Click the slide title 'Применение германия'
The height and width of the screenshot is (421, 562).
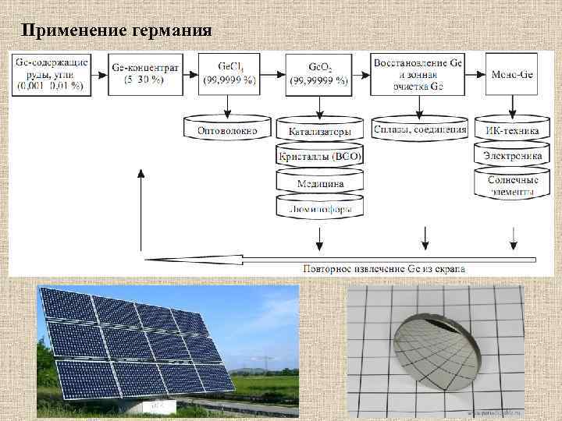pyautogui.click(x=116, y=31)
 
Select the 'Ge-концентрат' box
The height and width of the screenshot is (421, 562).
pyautogui.click(x=145, y=74)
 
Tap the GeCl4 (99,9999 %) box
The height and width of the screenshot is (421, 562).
pyautogui.click(x=229, y=74)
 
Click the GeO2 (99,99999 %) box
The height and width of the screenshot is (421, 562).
pyautogui.click(x=318, y=74)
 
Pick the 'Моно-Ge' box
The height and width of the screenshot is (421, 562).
pyautogui.click(x=511, y=74)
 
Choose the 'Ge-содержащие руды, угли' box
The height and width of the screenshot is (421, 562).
pyautogui.click(x=51, y=74)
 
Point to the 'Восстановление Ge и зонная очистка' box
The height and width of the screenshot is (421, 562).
pyautogui.click(x=420, y=74)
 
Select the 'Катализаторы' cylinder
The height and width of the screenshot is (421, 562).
pyautogui.click(x=320, y=130)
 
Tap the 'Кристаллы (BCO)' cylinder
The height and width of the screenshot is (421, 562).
pyautogui.click(x=320, y=157)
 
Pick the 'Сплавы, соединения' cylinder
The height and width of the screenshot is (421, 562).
pyautogui.click(x=421, y=129)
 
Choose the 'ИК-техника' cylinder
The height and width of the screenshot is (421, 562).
pyautogui.click(x=512, y=130)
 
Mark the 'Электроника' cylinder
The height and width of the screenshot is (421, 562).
pyautogui.click(x=512, y=156)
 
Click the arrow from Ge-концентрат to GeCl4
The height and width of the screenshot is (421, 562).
pyautogui.click(x=190, y=74)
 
